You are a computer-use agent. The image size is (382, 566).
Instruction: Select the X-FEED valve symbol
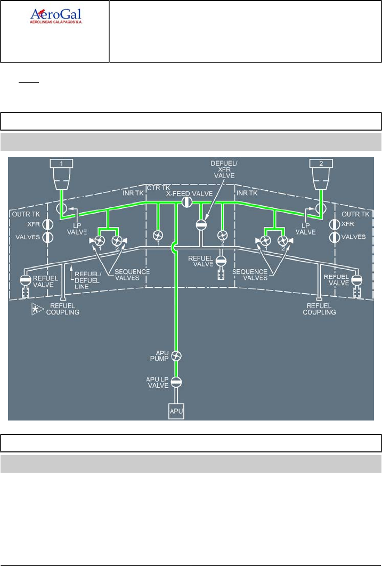tap(186, 203)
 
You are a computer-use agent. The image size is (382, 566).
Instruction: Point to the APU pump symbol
tap(176, 357)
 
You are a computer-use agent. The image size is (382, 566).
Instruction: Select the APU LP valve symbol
tap(176, 382)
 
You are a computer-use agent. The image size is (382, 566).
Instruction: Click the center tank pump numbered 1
tap(158, 235)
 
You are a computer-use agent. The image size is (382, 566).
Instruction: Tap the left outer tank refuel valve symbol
tap(25, 279)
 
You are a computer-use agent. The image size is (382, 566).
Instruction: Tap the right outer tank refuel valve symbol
tap(356, 279)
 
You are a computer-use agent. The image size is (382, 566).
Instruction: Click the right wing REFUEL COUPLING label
tap(320, 309)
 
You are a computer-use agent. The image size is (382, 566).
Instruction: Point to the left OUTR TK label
tap(24, 214)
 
